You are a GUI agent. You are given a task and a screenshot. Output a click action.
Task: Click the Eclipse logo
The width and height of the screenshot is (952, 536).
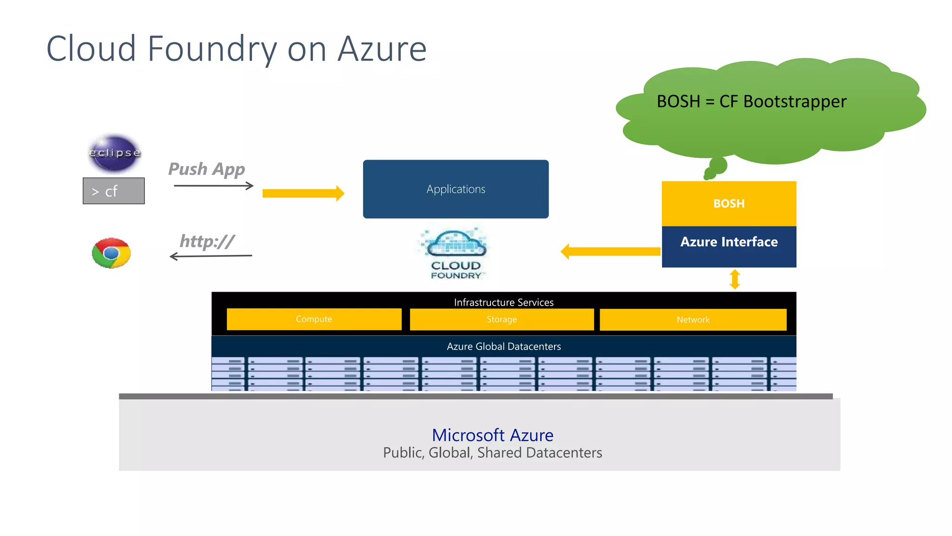(x=114, y=153)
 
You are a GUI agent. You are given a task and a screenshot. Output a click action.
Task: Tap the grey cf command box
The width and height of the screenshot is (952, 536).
(x=113, y=191)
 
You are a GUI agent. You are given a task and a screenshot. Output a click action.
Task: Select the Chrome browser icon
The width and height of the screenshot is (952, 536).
(x=111, y=253)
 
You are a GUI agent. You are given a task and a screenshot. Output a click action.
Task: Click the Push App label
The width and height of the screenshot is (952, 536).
(x=206, y=169)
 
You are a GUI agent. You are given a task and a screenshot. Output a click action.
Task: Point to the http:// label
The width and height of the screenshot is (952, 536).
(x=207, y=241)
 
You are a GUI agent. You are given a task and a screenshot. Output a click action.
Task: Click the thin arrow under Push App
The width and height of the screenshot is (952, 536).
(x=214, y=186)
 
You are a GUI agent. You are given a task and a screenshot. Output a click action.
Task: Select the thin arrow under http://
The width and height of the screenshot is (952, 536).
(x=211, y=256)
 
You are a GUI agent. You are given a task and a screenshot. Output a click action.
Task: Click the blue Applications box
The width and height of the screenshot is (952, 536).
(x=456, y=189)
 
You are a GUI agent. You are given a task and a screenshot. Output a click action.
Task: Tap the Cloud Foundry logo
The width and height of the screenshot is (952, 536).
(x=456, y=254)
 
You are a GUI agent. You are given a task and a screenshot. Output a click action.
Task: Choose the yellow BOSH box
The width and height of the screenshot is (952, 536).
(x=729, y=203)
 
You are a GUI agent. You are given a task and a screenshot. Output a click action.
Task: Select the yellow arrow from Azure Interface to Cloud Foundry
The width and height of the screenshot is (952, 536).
(x=610, y=251)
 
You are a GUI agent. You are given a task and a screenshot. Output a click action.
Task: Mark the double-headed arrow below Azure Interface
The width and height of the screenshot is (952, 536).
(x=734, y=279)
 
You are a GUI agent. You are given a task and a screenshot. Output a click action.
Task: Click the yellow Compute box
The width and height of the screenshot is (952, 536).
(x=314, y=319)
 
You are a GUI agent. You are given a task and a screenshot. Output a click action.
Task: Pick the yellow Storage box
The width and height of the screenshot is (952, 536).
(x=502, y=319)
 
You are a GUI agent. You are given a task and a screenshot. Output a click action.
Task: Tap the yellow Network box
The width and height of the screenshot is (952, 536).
(x=693, y=320)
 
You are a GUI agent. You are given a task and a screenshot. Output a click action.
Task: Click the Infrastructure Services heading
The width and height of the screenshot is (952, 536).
(x=503, y=302)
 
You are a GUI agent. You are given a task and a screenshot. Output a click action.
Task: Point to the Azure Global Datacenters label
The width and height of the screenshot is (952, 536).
(x=503, y=347)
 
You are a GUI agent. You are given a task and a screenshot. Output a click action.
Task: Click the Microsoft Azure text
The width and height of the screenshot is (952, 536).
(x=492, y=435)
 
